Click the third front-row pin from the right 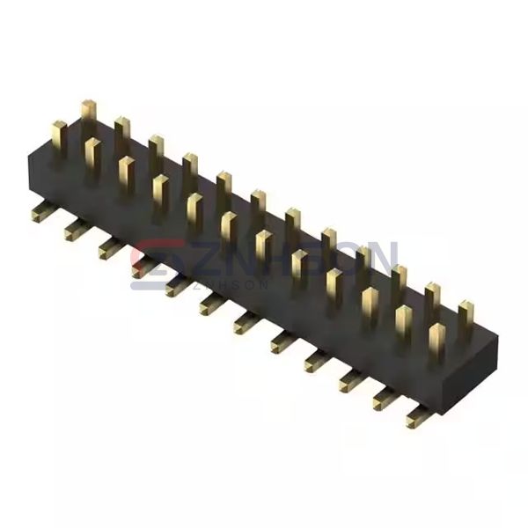[369, 304]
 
